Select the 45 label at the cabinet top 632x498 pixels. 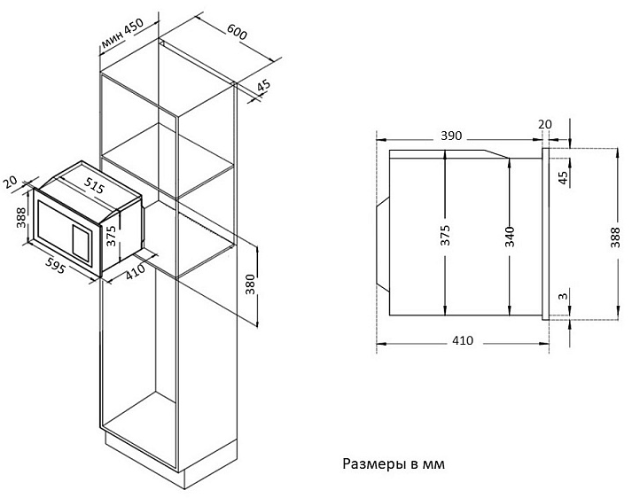[261, 87]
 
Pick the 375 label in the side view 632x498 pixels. [445, 235]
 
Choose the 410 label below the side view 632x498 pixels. [463, 340]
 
